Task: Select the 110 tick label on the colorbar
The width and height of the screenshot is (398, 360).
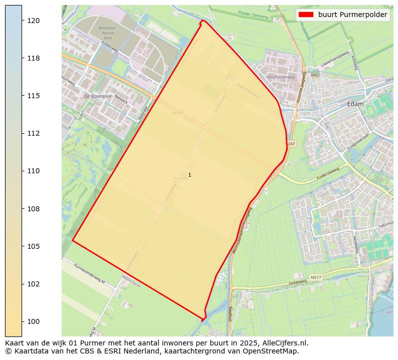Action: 33,171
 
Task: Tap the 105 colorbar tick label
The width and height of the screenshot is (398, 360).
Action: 33,246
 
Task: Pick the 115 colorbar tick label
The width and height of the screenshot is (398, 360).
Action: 33,96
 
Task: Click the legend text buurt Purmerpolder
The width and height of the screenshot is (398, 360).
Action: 352,15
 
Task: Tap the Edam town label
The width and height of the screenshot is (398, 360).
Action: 355,104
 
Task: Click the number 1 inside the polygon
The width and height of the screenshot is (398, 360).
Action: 189,175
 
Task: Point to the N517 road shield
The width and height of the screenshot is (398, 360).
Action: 315,277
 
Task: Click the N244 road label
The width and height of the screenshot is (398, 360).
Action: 177,113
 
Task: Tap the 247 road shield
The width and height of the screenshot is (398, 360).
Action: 292,144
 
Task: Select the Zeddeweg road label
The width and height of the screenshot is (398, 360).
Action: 297,283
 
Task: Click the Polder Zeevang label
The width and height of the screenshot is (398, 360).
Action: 253,15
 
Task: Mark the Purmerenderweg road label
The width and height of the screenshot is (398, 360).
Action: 89,273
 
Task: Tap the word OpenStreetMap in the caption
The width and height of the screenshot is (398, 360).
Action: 273,351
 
